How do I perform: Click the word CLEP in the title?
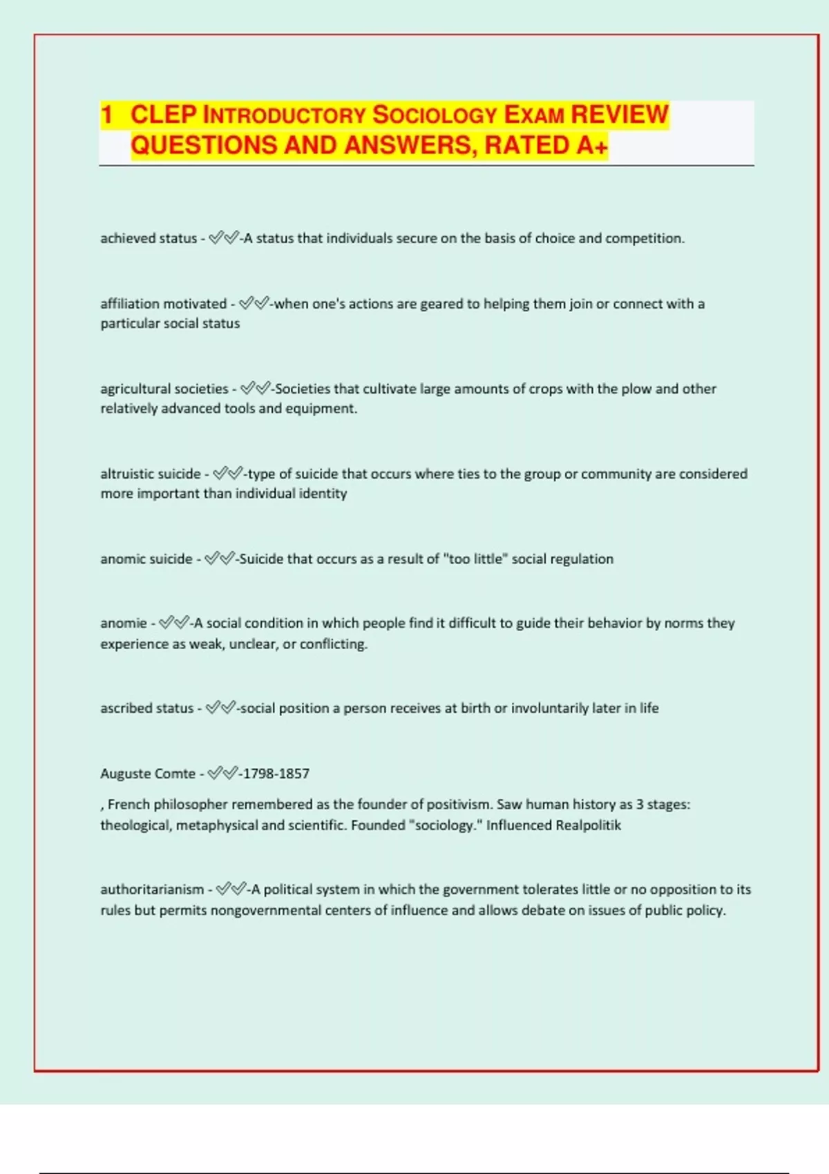pyautogui.click(x=164, y=115)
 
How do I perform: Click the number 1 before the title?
pyautogui.click(x=107, y=115)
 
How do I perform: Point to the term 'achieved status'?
pyautogui.click(x=149, y=238)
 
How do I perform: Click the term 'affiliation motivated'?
pyautogui.click(x=163, y=304)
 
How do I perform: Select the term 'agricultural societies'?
pyautogui.click(x=164, y=389)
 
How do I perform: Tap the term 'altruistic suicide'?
pyautogui.click(x=150, y=474)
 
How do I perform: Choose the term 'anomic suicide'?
pyautogui.click(x=146, y=559)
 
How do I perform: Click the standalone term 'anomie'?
pyautogui.click(x=124, y=623)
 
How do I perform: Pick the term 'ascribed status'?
pyautogui.click(x=146, y=708)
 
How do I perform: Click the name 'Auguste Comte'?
pyautogui.click(x=147, y=773)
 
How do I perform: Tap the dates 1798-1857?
pyautogui.click(x=276, y=773)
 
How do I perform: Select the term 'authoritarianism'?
pyautogui.click(x=152, y=889)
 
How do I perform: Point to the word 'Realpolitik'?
pyautogui.click(x=588, y=825)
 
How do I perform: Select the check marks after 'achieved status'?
pyautogui.click(x=222, y=238)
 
